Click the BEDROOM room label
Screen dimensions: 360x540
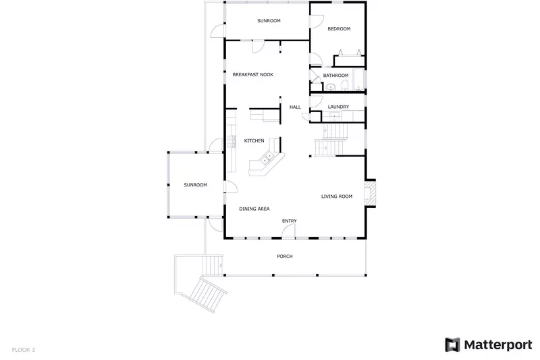pyautogui.click(x=339, y=29)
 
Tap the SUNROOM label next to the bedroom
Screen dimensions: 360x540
pyautogui.click(x=269, y=21)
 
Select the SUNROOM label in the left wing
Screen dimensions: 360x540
pyautogui.click(x=196, y=185)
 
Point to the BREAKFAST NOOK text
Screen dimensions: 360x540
pyautogui.click(x=252, y=74)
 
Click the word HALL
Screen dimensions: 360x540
pyautogui.click(x=295, y=107)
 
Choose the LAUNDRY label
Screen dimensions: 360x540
pyautogui.click(x=338, y=107)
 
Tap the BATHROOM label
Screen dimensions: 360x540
pyautogui.click(x=335, y=75)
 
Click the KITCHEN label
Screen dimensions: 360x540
pyautogui.click(x=254, y=140)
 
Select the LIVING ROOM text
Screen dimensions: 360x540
pyautogui.click(x=337, y=197)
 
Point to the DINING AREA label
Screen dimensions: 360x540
pyautogui.click(x=254, y=209)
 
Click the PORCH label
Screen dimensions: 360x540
pyautogui.click(x=285, y=257)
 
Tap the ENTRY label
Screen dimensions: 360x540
pyautogui.click(x=289, y=221)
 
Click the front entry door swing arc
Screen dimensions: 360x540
pyautogui.click(x=289, y=232)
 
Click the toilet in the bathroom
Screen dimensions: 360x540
pyautogui.click(x=345, y=85)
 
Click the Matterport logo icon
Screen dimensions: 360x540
pyautogui.click(x=452, y=344)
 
